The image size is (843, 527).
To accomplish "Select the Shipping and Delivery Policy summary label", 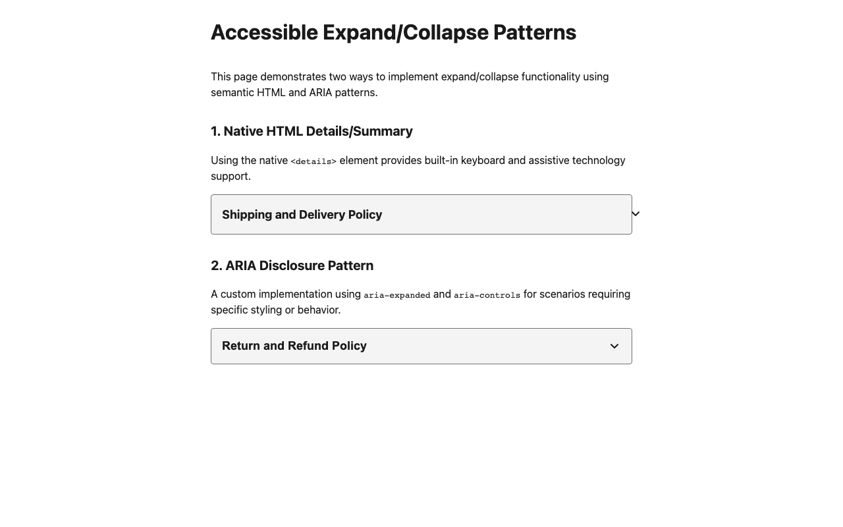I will [302, 215].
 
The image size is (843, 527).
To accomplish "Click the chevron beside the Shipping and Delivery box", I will [636, 213].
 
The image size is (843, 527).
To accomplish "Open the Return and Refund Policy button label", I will [294, 346].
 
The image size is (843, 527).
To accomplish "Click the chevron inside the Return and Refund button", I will [614, 347].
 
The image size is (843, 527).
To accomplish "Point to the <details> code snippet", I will [313, 161].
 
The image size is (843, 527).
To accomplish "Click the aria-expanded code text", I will [397, 295].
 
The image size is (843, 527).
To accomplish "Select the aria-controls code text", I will [487, 295].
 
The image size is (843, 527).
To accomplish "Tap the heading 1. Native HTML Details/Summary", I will [312, 131].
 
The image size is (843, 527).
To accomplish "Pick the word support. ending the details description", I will [231, 176].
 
